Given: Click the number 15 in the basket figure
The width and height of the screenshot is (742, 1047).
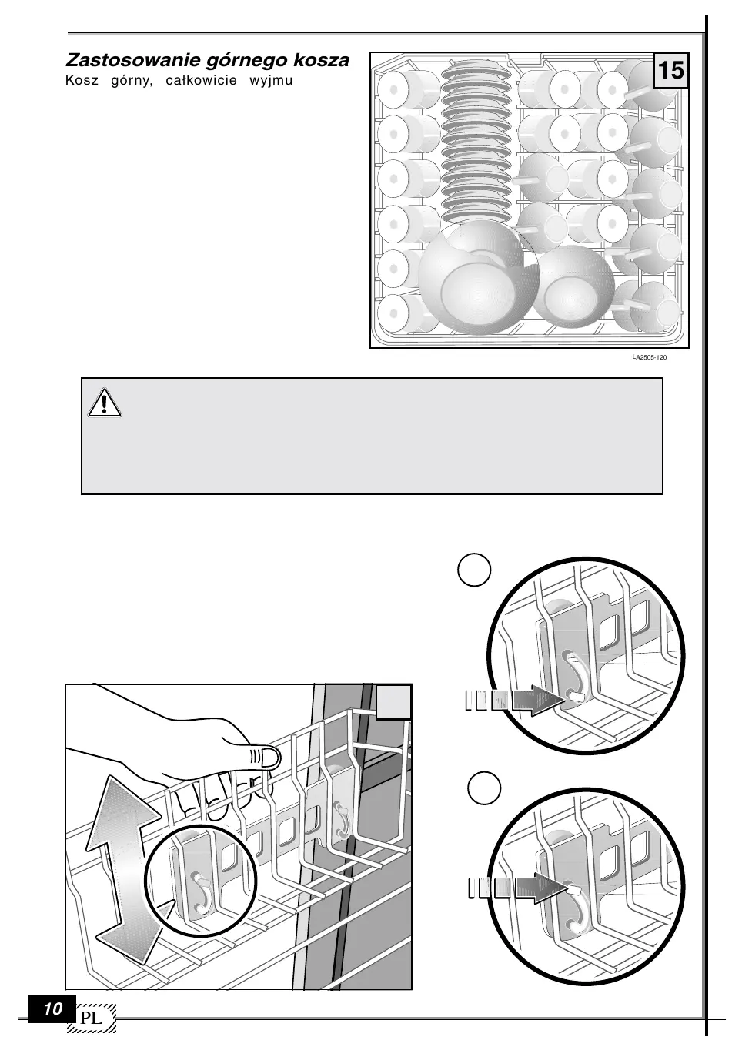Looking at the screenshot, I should point(670,71).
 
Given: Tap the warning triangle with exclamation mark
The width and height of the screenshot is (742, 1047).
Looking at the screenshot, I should point(105,402).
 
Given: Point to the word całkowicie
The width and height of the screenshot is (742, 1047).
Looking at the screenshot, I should point(202,80).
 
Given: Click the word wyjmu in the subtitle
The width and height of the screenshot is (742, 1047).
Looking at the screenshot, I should point(271,80).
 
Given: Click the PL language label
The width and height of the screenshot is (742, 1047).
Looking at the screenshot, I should point(92,1018).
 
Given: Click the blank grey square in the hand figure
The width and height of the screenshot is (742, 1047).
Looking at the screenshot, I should point(394,701).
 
